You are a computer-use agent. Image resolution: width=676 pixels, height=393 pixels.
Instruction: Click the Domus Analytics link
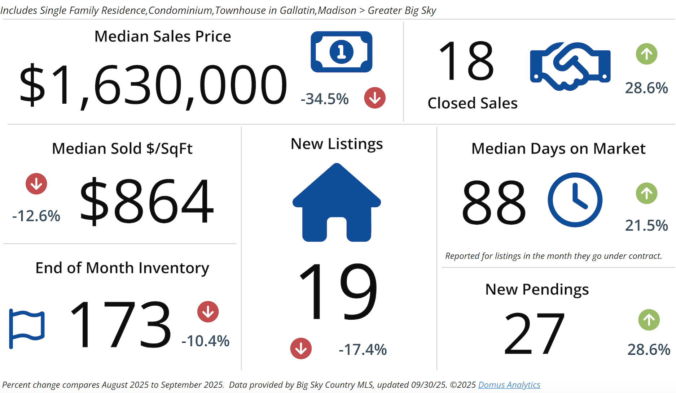(509, 385)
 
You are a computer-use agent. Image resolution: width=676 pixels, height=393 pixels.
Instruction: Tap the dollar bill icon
(341, 52)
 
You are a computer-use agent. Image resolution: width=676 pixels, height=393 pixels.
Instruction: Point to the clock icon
(575, 200)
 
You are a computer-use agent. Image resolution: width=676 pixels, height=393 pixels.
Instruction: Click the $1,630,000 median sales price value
(153, 85)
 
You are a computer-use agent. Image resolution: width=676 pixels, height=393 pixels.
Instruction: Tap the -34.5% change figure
(325, 99)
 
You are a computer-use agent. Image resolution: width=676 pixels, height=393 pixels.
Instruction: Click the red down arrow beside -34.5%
(375, 98)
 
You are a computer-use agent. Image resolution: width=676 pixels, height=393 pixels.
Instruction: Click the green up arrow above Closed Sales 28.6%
(646, 54)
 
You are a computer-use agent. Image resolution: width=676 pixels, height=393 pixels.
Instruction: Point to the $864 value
(146, 201)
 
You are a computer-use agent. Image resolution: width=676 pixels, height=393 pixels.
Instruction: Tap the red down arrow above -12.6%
(36, 184)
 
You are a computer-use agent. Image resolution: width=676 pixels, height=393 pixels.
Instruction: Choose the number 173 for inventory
(120, 324)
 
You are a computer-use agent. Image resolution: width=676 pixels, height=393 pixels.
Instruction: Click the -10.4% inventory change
(205, 341)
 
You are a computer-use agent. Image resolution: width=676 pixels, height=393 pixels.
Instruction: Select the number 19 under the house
(338, 291)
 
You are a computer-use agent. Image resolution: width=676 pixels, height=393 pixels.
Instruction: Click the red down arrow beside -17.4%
(301, 349)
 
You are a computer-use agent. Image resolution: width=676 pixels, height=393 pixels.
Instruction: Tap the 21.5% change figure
(646, 225)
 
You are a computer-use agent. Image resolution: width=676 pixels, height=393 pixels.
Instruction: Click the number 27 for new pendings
(534, 333)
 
